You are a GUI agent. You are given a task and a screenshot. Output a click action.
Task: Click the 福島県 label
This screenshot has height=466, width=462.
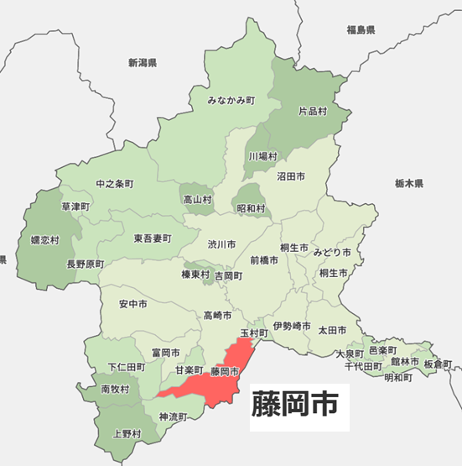tap(361, 30)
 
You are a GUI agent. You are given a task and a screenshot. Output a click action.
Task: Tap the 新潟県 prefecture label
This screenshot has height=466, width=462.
tap(143, 62)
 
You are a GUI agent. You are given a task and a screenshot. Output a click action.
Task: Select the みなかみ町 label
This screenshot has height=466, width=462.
tap(231, 101)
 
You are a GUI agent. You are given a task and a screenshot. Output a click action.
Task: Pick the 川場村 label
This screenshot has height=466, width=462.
tap(262, 156)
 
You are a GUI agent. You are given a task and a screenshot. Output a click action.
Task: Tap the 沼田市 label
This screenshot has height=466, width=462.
tap(290, 177)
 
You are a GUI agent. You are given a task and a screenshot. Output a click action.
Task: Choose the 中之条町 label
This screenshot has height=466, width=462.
tap(114, 183)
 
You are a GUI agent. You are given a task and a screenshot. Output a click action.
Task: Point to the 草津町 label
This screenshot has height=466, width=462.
tap(76, 206)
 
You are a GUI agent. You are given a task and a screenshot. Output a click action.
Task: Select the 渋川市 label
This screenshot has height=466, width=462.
tap(221, 244)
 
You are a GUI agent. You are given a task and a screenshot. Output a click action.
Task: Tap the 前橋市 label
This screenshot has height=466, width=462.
tap(263, 260)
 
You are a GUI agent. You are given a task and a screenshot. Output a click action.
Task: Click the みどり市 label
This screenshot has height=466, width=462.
tap(332, 252)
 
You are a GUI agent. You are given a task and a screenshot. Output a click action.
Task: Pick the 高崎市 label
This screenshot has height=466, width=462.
tap(218, 315)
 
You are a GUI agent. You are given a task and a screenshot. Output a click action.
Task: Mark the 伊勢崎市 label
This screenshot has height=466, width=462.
tap(292, 325)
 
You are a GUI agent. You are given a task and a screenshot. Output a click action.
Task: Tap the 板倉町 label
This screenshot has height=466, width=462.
tap(437, 364)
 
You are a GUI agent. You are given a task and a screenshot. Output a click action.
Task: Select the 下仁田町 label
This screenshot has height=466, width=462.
tap(127, 368)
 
